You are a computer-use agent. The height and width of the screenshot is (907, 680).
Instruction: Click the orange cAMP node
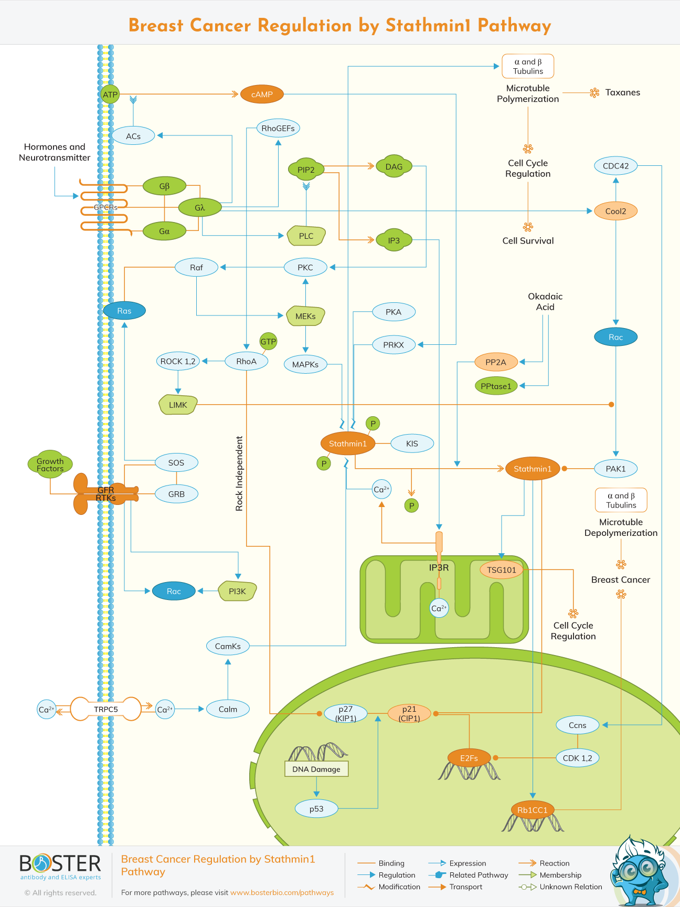point(262,94)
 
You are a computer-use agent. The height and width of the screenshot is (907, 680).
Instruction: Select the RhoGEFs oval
point(278,128)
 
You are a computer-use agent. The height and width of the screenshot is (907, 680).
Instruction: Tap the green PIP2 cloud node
point(306,170)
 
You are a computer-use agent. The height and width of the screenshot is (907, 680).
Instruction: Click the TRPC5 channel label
point(106,709)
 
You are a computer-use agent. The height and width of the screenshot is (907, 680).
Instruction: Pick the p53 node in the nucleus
point(316,809)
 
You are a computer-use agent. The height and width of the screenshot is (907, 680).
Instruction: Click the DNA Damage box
point(316,769)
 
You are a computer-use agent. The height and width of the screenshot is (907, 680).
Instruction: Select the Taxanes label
point(622,92)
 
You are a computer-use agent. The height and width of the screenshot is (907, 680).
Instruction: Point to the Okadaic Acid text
point(545,302)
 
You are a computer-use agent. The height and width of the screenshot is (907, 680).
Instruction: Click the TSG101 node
point(502,570)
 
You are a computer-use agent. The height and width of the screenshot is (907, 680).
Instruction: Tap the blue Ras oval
point(124,311)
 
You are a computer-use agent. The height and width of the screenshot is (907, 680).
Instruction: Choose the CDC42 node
point(615,166)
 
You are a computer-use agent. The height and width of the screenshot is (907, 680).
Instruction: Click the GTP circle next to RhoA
point(268,341)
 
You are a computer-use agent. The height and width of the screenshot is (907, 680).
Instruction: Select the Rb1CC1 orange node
point(533,810)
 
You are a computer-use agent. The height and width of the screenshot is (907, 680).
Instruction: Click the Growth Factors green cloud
point(50,465)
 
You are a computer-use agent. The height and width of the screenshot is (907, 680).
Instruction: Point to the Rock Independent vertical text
point(240,473)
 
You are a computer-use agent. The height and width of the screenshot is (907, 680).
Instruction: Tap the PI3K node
point(237,591)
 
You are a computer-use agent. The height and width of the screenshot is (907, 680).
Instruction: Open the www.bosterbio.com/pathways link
point(282,892)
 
